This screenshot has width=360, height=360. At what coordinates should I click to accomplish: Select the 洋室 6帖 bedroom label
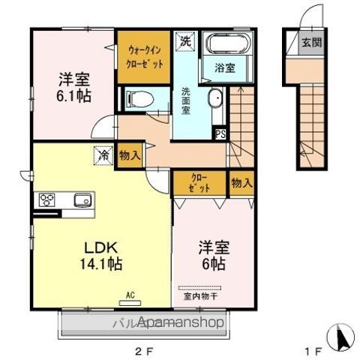[212, 256]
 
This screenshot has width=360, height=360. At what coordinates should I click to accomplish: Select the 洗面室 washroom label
[185, 100]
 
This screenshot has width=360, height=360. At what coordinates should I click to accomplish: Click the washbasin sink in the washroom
[214, 99]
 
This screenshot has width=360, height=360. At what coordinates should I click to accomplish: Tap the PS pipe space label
[220, 134]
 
